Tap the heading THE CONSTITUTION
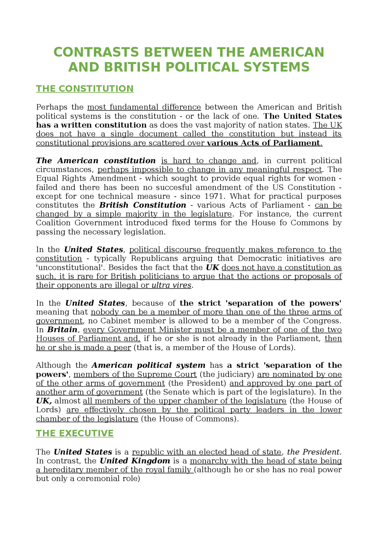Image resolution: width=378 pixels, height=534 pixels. click(x=85, y=89)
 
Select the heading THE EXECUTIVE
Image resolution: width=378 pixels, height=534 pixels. click(x=75, y=433)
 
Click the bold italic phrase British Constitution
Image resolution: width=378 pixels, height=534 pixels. click(x=143, y=205)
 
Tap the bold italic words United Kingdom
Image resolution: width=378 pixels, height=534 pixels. click(x=135, y=461)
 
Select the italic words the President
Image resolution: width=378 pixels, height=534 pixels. click(x=314, y=452)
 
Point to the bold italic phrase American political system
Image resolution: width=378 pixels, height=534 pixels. click(x=149, y=365)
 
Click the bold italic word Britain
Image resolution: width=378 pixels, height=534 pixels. click(x=62, y=330)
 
